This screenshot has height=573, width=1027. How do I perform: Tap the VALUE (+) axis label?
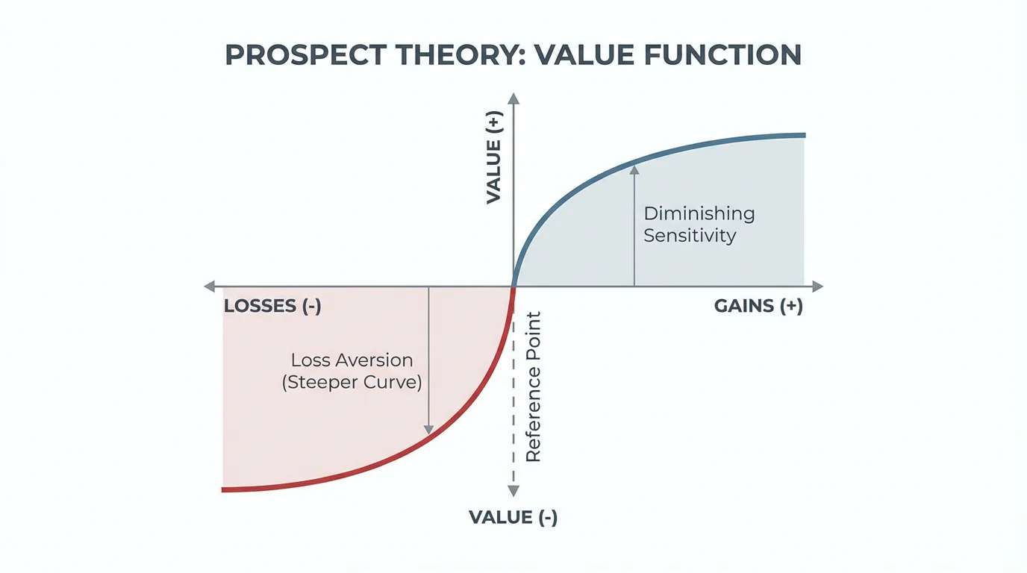point(494,157)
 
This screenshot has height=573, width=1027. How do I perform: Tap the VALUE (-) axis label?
point(513,517)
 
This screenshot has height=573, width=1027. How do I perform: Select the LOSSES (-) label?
point(272,307)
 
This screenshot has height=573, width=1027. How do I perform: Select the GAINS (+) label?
point(758,307)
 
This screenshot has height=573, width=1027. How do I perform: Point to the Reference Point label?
point(533,387)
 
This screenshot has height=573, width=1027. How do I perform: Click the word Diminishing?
point(699,213)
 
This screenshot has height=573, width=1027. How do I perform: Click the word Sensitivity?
point(690,236)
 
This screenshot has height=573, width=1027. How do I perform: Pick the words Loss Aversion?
point(352,360)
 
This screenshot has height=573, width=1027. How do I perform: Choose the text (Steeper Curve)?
point(352,383)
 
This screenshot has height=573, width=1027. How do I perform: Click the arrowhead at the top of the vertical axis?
point(513,98)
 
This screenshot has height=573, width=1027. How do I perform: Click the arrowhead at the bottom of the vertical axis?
point(513,490)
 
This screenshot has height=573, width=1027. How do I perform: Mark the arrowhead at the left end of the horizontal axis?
point(210,286)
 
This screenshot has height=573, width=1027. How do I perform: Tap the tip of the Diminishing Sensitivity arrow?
point(634,169)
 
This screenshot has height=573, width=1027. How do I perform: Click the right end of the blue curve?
point(803,135)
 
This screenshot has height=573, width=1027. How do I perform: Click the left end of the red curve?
point(224,489)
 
